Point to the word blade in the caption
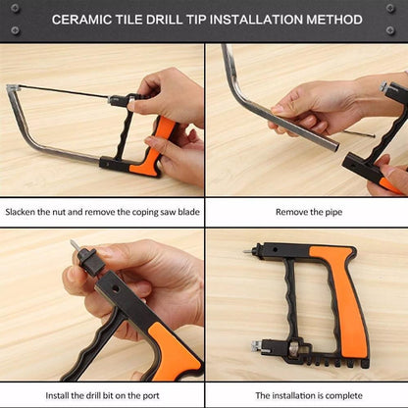(x=184, y=211)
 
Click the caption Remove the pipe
(x=306, y=211)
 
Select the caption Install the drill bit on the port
(x=102, y=394)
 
